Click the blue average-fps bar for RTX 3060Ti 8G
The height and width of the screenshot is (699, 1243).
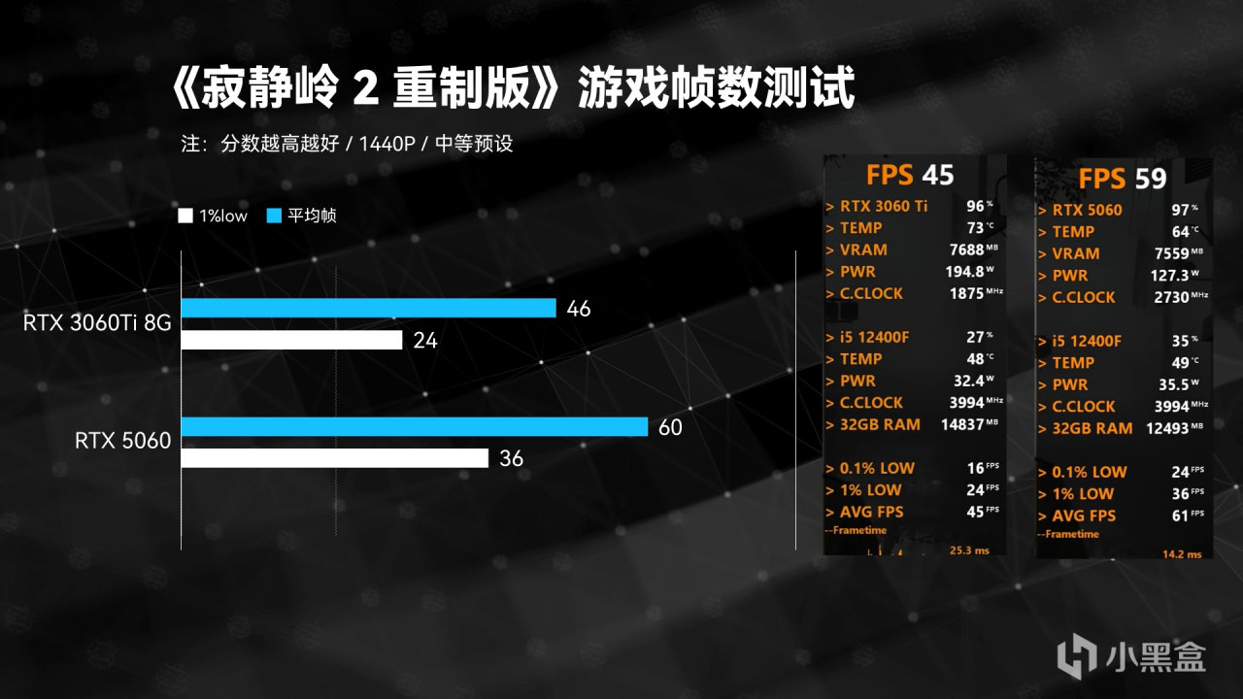coord(368,309)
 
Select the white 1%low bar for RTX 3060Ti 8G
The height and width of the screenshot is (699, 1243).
coord(291,340)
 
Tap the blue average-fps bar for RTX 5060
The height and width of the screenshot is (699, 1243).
coord(414,427)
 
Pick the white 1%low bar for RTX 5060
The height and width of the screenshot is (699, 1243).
coord(334,458)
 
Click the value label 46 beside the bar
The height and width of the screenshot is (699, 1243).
coord(579,309)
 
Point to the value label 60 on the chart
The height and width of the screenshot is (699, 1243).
coord(670,427)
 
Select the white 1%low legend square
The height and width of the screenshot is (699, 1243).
coord(185,216)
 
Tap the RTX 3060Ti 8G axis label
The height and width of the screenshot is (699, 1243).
coord(97,323)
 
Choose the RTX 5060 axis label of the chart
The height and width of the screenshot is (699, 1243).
coord(122,442)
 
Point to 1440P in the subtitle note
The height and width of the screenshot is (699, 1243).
coord(387,145)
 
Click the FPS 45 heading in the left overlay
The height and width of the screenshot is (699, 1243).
coord(910,175)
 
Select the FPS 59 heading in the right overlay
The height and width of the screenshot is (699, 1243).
coord(1122,179)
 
